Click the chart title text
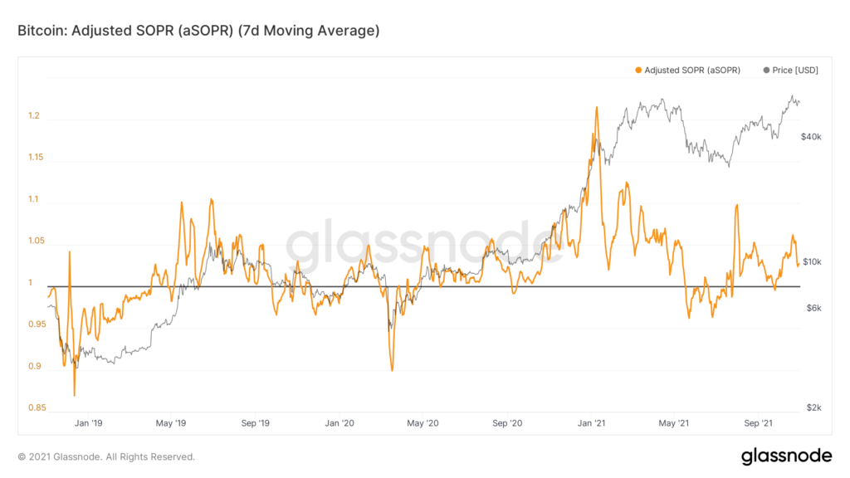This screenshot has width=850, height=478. coord(198,32)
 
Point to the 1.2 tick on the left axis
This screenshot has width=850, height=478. coord(33,116)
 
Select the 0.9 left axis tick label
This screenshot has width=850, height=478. coord(33,366)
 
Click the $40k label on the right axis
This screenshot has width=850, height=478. coord(811,136)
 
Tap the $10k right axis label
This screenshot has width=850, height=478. coord(811,262)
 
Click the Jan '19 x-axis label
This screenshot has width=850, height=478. coord(87,423)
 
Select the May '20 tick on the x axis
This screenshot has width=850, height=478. coord(423,423)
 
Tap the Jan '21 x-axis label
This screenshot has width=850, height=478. coord(591,423)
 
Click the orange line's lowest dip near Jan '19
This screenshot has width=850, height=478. coord(75,395)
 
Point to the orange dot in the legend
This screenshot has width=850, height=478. coord(638,71)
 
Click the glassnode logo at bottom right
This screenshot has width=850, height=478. coord(786,456)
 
